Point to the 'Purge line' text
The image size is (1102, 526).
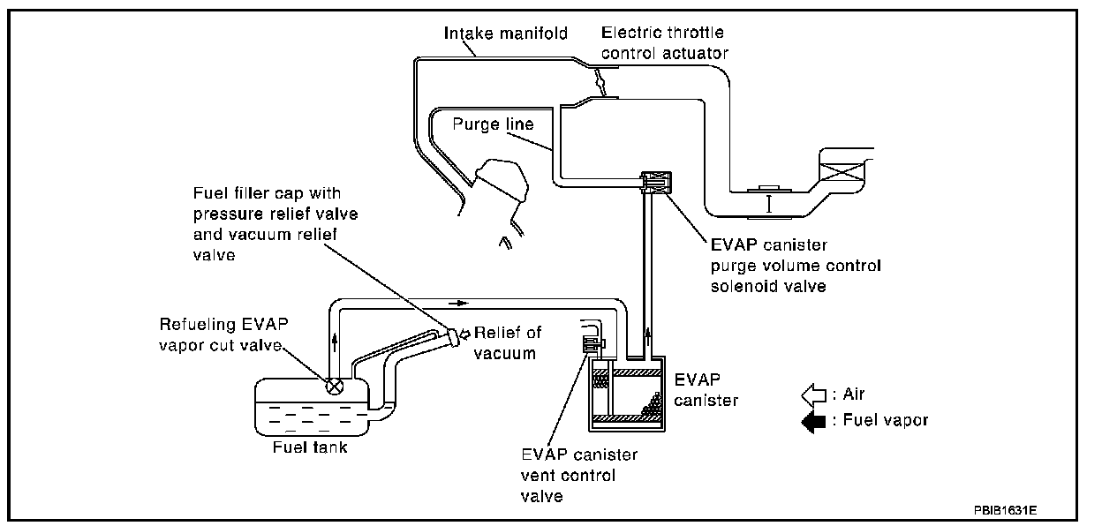click(x=493, y=124)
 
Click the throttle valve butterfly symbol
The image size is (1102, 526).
click(x=600, y=84)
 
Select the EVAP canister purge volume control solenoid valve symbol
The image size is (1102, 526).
click(x=656, y=183)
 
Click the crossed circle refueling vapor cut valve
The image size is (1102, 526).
click(x=336, y=386)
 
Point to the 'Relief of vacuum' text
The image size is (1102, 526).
click(x=507, y=343)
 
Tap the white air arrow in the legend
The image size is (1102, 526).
click(x=811, y=394)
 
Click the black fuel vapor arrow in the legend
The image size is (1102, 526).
click(x=811, y=421)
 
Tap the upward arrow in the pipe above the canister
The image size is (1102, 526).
click(x=652, y=333)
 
